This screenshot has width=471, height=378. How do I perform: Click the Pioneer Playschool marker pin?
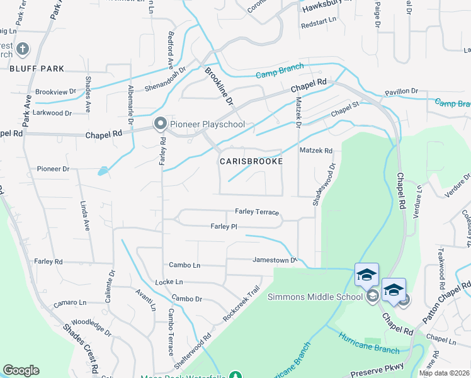tap(160, 124)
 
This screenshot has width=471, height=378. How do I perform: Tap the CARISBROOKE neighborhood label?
tap(251, 161)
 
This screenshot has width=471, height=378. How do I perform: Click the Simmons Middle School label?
tap(315, 297)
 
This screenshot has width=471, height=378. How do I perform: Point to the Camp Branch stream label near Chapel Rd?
tap(280, 74)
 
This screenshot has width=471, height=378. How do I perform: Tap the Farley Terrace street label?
tap(256, 212)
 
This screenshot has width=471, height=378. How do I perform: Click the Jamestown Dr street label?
tap(274, 260)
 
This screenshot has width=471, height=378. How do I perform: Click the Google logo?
tap(21, 370)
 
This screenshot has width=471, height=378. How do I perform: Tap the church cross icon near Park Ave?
tap(22, 49)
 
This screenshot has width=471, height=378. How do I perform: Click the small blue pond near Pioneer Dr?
tap(102, 171)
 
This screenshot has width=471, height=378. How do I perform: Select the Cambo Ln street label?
tap(184, 265)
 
